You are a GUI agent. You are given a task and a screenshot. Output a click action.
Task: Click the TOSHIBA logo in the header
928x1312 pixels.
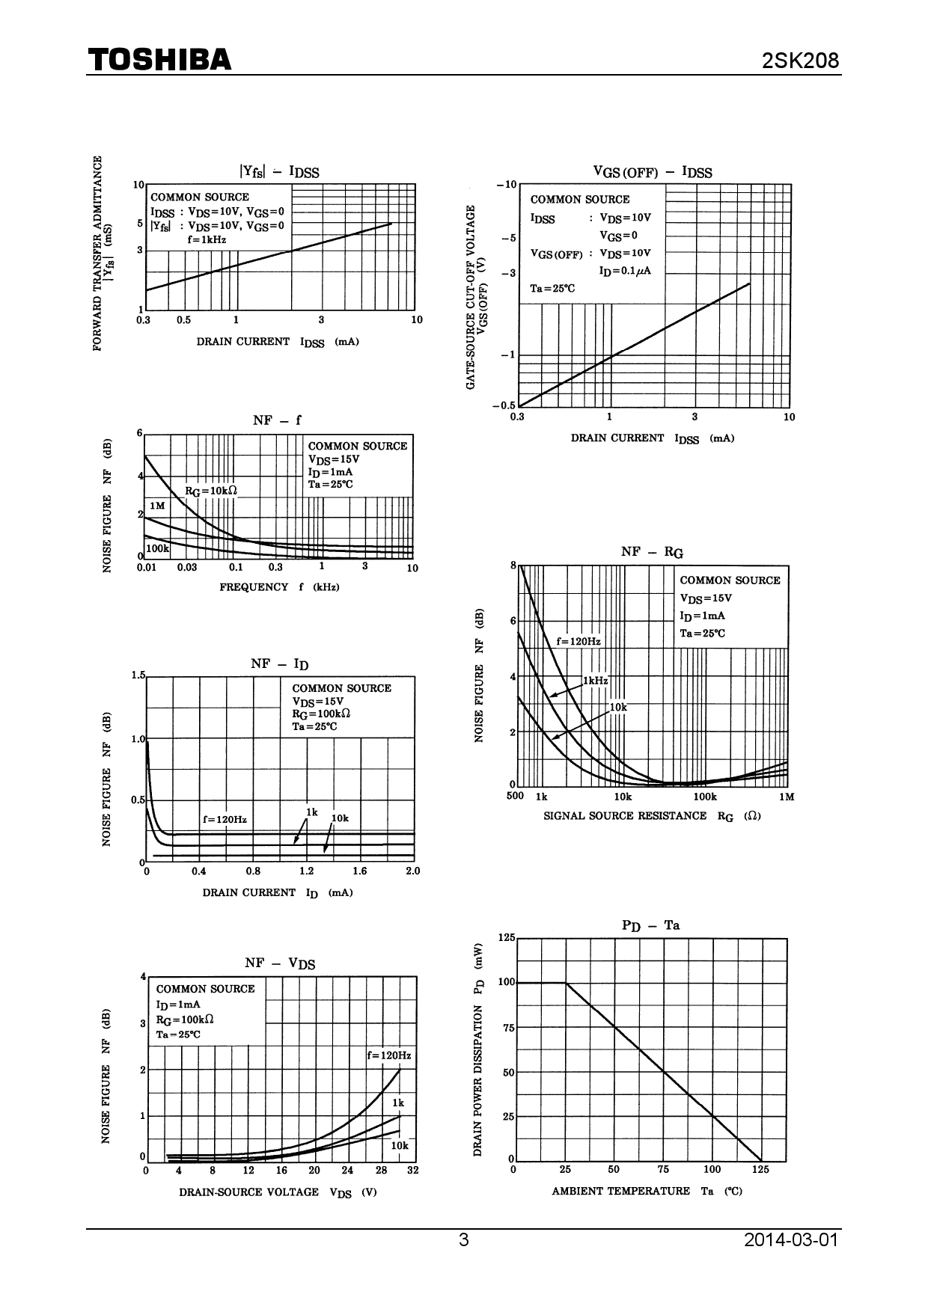[159, 60]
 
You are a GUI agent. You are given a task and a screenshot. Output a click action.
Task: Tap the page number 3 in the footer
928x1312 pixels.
[464, 1240]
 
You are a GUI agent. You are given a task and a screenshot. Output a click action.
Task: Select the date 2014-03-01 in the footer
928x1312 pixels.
[791, 1240]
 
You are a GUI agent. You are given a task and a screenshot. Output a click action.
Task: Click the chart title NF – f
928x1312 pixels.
[277, 420]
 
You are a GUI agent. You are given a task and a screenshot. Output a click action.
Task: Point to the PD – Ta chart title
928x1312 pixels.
[650, 926]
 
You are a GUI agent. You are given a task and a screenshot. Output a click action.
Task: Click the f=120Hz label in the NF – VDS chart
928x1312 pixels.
[388, 1055]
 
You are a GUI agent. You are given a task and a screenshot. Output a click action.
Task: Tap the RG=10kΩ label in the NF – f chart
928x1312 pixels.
[211, 491]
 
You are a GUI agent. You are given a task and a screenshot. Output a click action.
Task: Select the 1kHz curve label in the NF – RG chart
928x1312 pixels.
[596, 681]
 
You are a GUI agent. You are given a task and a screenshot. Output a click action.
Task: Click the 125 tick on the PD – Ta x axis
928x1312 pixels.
[760, 1169]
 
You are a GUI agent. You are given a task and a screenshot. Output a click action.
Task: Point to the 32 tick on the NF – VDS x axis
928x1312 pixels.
[412, 1170]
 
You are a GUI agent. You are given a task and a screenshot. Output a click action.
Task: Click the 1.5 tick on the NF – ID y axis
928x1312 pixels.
[138, 675]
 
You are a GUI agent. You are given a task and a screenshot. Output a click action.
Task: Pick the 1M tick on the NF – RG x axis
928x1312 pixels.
[786, 797]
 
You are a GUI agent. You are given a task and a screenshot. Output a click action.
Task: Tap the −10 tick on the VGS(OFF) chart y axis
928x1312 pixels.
[506, 184]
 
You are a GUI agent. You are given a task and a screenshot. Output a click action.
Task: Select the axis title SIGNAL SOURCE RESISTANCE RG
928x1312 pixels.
[651, 816]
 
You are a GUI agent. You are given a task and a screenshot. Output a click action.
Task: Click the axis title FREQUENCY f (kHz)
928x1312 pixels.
[279, 587]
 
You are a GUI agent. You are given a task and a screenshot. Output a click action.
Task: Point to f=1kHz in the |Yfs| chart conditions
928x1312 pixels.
[207, 240]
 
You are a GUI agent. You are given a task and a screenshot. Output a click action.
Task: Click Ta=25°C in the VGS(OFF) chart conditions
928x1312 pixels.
[553, 289]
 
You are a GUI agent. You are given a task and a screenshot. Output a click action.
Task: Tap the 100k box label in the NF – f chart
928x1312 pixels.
[157, 548]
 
